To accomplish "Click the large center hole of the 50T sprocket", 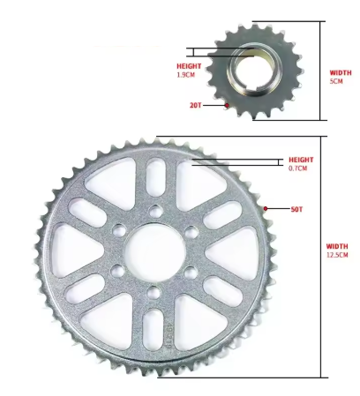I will [154, 250].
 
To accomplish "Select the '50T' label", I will [297, 209].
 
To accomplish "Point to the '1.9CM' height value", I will [187, 75].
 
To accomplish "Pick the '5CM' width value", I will [335, 80].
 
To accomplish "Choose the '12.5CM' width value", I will [337, 255].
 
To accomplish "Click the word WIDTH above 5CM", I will [340, 72].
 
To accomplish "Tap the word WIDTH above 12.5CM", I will [337, 246].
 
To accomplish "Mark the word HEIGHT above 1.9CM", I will [189, 66].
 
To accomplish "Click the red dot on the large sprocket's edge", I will [266, 208].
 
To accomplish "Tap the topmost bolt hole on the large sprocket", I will [154, 210].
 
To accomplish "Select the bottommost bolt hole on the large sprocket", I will [154, 290].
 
